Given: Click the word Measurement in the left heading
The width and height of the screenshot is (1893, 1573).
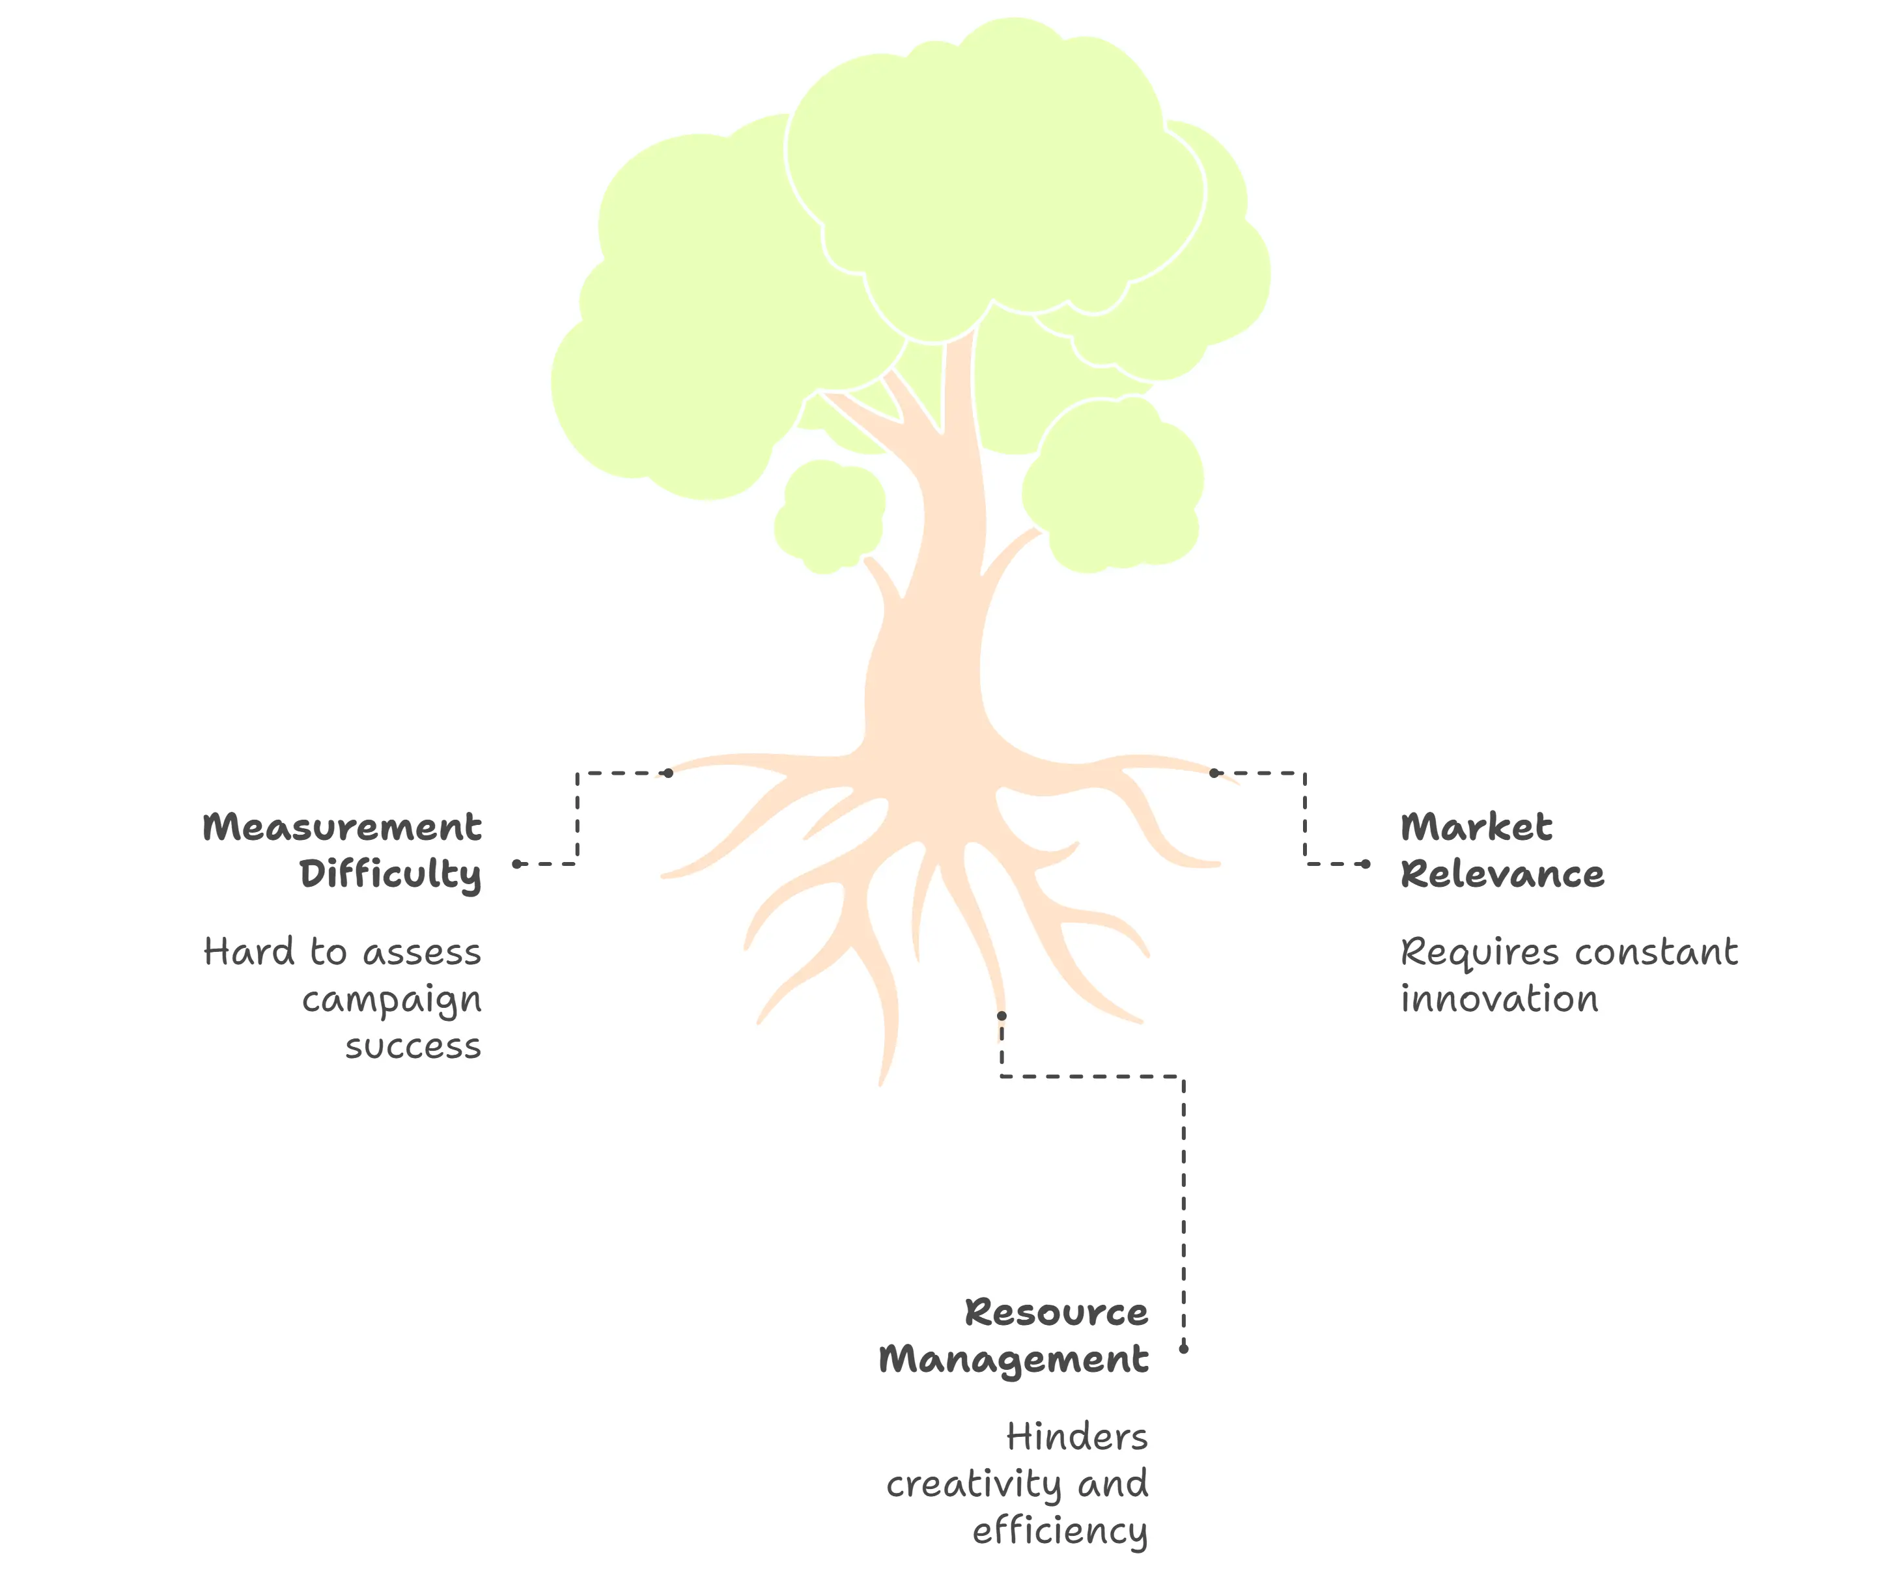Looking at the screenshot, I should point(342,828).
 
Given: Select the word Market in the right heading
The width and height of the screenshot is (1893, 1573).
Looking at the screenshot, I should point(1476,828).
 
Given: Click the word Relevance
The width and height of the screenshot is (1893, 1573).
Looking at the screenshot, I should point(1502,874).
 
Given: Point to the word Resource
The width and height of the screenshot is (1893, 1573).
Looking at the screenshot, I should point(1056,1313).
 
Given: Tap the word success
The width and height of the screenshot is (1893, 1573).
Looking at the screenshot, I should point(413,1046).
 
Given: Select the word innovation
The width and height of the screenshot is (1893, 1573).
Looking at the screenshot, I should point(1499,999).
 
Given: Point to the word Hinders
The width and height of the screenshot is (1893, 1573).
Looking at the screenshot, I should point(1077,1437).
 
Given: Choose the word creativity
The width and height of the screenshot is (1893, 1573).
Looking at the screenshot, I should point(974,1484).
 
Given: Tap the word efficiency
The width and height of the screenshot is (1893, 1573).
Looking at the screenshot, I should point(1059,1531).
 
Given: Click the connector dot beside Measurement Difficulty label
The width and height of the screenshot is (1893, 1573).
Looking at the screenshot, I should point(518,863).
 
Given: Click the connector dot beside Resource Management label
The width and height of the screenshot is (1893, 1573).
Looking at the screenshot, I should point(1184,1348).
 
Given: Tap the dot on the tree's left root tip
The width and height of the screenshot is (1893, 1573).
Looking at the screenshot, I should point(668,773).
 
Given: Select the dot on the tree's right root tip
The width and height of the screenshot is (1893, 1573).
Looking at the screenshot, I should point(1214,773).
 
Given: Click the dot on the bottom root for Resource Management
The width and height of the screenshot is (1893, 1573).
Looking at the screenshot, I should point(1002,1016).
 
